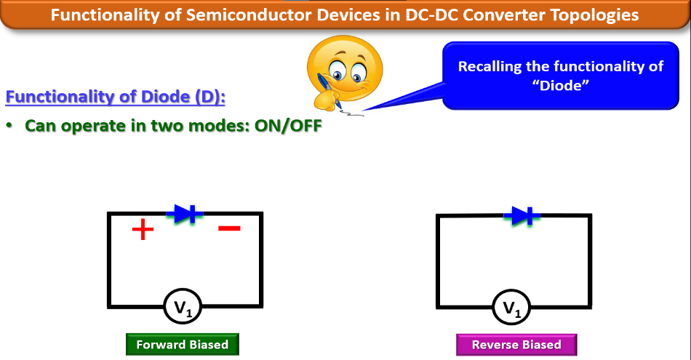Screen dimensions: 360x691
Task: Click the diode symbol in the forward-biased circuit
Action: [185, 213]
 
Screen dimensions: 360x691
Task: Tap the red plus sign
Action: [143, 231]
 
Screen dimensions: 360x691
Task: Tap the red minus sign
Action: [229, 228]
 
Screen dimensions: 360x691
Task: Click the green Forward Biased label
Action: [182, 345]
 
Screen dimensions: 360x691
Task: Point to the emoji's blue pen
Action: [328, 90]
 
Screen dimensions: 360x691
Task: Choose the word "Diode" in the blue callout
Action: [560, 85]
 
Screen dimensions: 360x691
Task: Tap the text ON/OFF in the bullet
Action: [287, 125]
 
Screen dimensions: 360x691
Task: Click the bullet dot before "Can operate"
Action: [10, 125]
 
